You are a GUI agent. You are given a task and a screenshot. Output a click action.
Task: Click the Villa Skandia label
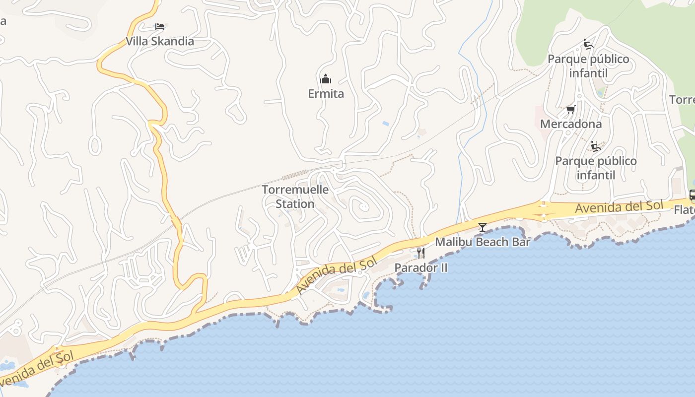point(159,41)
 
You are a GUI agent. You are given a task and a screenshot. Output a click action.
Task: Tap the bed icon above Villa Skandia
point(159,27)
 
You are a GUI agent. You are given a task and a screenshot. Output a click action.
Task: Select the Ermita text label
point(326,94)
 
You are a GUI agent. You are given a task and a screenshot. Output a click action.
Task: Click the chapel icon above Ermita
point(326,79)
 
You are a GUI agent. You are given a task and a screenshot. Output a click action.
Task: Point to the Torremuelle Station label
point(295,197)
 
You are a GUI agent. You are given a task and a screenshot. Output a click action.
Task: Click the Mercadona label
point(570,124)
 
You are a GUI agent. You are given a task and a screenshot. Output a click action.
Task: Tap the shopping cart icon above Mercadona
point(570,109)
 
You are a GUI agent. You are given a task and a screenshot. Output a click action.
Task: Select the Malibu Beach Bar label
point(483,242)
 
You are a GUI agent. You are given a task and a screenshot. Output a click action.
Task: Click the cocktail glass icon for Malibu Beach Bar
point(482,227)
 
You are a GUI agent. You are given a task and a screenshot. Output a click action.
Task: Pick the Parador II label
point(421,268)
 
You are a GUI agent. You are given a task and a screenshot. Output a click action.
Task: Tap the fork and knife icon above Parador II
point(420,253)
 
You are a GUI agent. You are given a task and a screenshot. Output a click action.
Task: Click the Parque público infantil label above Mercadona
point(588,66)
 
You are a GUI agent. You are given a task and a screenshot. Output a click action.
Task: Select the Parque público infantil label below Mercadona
point(596,168)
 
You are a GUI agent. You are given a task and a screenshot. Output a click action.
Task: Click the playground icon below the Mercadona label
point(596,146)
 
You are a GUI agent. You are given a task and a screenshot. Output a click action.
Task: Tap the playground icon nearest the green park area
point(588,44)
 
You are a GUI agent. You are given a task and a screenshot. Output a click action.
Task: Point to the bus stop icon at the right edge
point(692,195)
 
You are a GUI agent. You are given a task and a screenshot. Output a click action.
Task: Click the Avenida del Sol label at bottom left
point(37,369)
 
